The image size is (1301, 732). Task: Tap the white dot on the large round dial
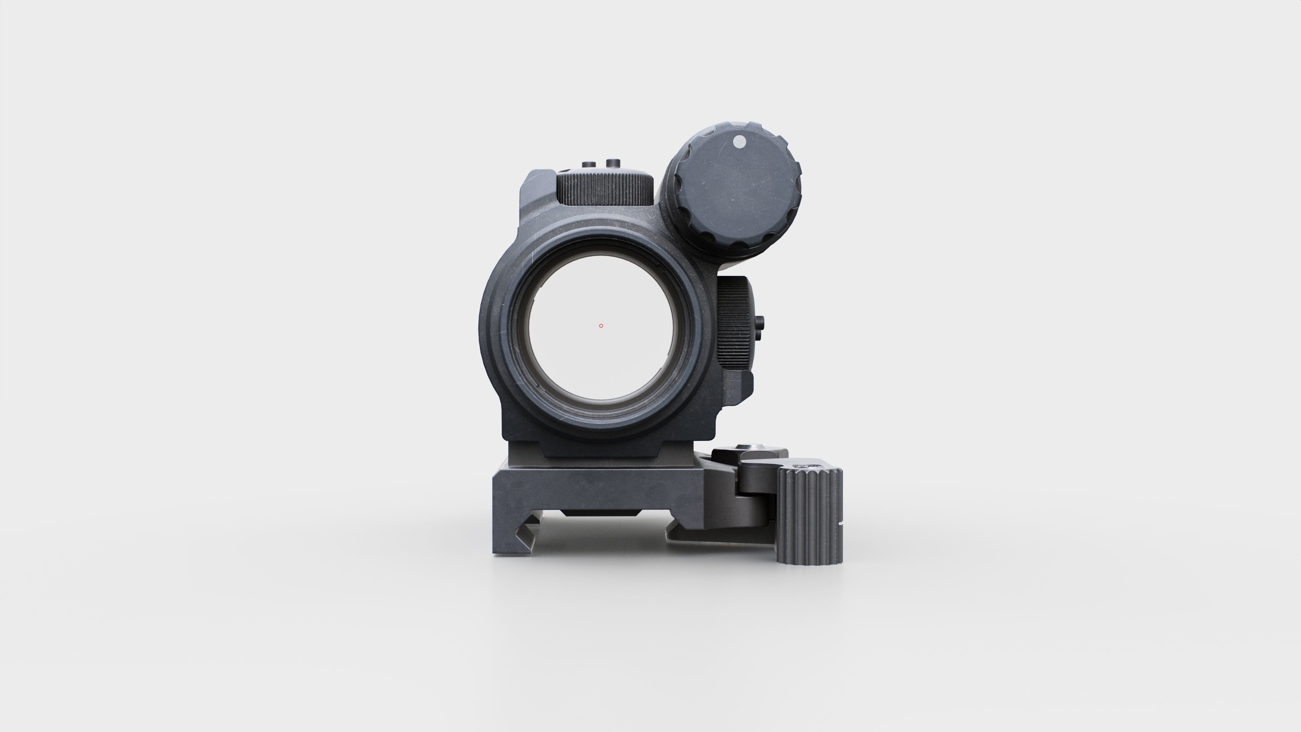[739, 142]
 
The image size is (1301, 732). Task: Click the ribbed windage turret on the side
[735, 323]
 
